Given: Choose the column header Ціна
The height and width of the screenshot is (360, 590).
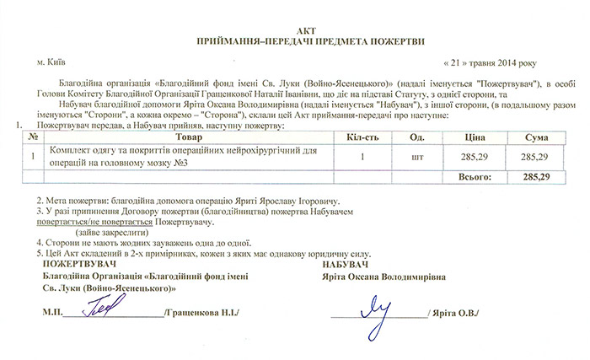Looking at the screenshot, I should click(474, 137).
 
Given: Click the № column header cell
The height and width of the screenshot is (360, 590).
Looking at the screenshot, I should click(32, 137).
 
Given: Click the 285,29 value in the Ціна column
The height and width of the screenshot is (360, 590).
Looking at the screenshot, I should click(474, 157).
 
